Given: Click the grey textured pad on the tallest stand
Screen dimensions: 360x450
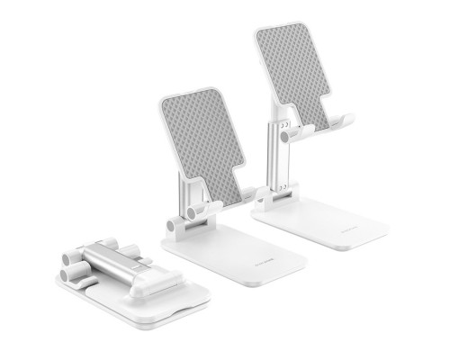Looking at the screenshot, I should click(x=292, y=72).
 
